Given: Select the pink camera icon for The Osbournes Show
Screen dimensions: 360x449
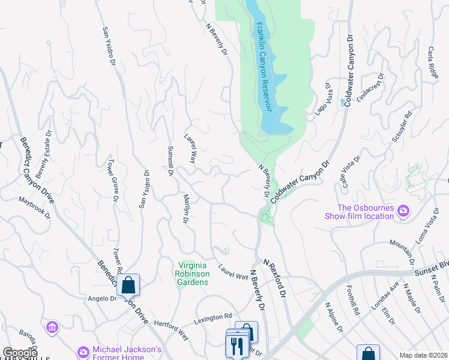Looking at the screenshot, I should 403,211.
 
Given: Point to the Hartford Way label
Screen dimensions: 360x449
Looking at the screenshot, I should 171,329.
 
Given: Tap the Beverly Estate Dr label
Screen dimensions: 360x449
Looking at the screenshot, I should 44,160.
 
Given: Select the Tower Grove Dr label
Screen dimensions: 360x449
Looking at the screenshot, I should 112,181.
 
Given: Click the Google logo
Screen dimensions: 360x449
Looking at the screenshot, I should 20,353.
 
